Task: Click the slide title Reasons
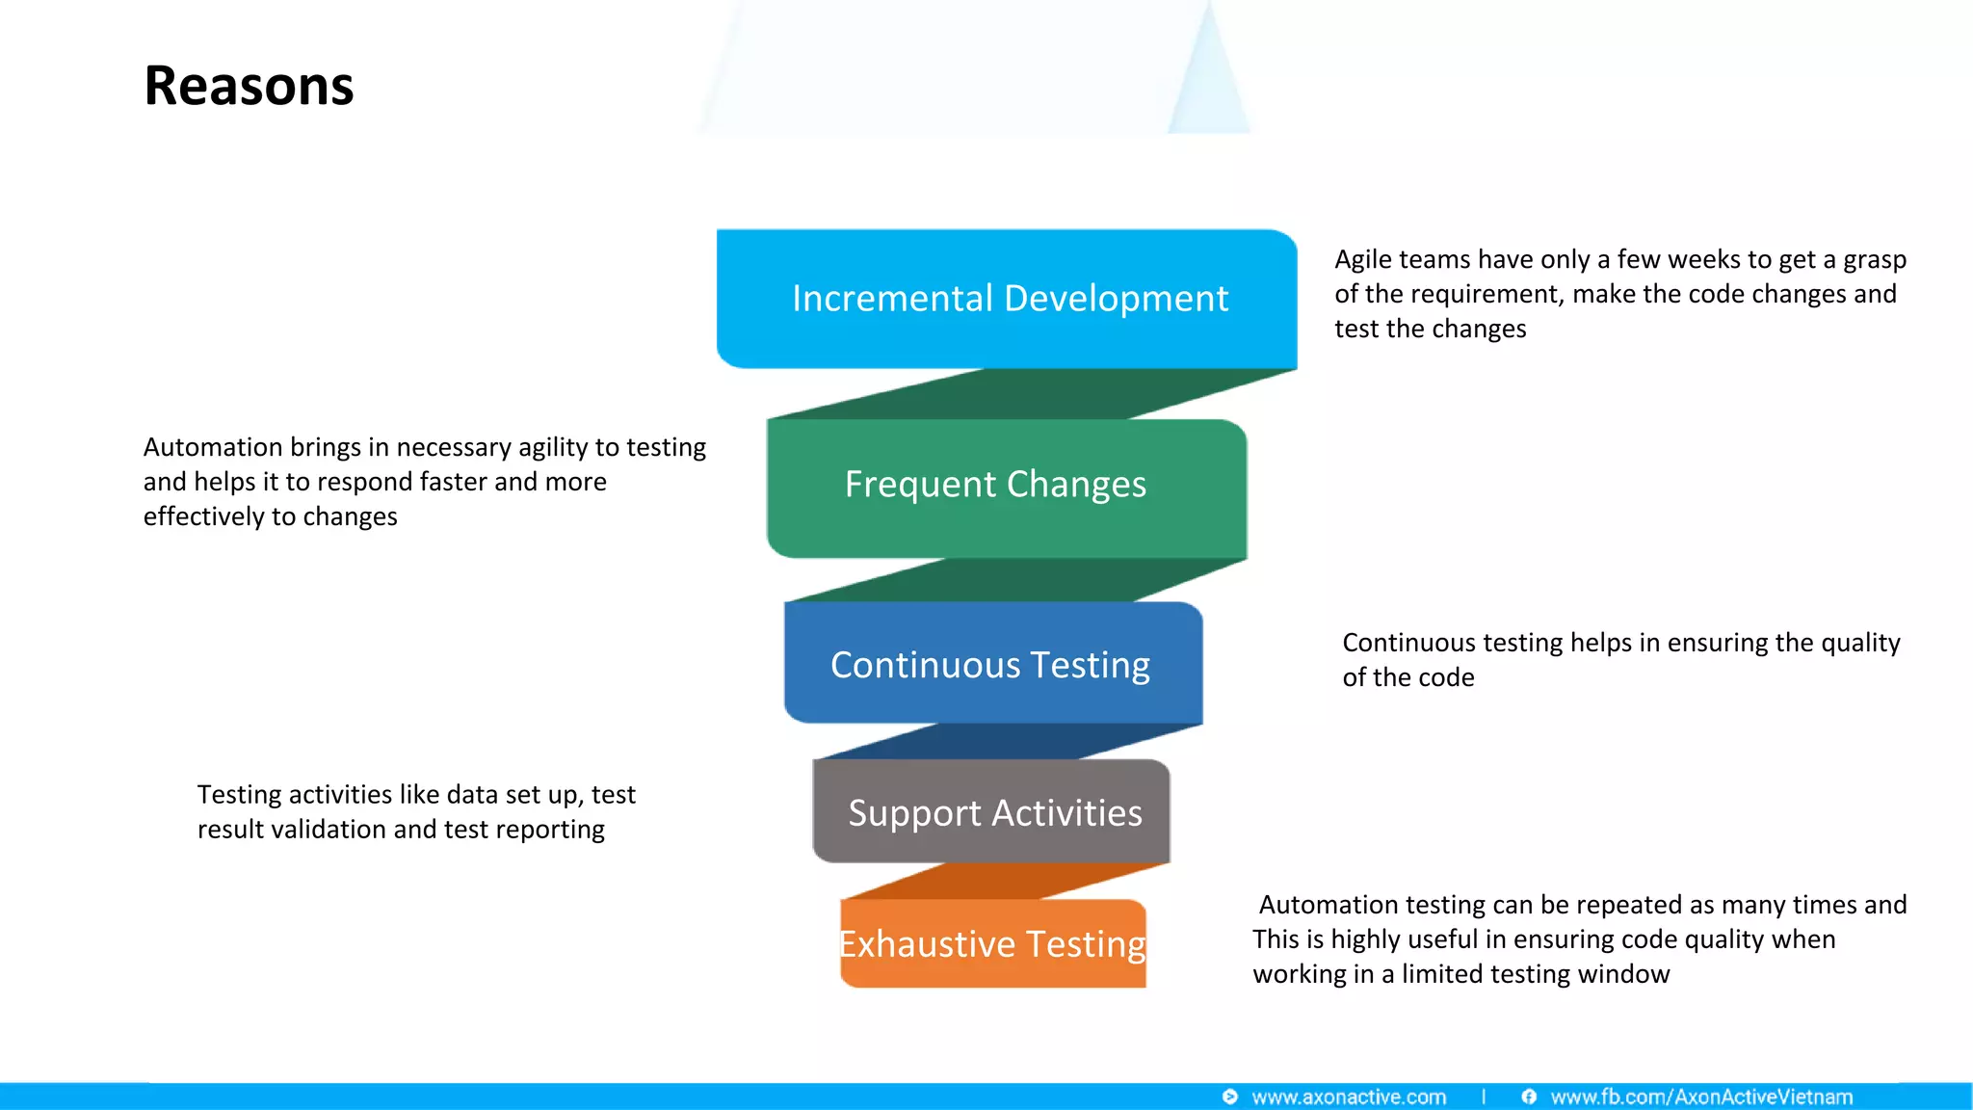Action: click(249, 86)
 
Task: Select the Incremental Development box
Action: click(1008, 299)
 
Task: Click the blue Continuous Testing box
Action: click(992, 665)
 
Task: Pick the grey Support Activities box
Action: click(992, 812)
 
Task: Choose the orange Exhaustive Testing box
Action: click(992, 944)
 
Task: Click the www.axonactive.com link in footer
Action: click(1348, 1097)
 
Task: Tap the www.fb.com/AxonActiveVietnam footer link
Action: click(1701, 1097)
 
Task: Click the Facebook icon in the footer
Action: click(1529, 1097)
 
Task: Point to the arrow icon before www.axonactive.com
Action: click(1229, 1097)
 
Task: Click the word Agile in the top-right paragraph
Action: click(1363, 260)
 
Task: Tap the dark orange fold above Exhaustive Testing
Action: click(1002, 882)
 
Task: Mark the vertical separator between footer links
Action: click(1484, 1097)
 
